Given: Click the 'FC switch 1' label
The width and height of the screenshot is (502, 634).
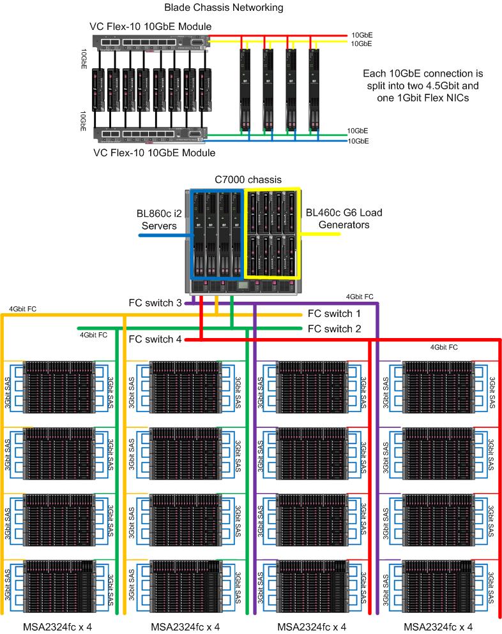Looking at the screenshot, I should tap(335, 314).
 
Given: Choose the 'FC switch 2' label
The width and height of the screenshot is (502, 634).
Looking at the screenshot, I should tap(335, 328).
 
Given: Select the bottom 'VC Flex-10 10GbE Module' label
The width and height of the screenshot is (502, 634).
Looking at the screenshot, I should tap(154, 152).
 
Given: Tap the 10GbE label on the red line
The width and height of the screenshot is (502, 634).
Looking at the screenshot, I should tap(361, 34).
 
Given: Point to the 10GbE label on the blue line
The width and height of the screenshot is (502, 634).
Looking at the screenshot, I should tap(358, 141).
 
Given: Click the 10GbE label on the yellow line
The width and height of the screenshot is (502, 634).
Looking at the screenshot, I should tap(361, 43).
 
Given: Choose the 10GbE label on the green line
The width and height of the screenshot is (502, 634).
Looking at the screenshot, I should tap(358, 130).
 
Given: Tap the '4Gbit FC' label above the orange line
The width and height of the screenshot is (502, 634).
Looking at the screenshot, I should tap(23, 309).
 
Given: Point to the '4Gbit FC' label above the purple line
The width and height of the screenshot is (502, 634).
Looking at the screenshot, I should tap(360, 297).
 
